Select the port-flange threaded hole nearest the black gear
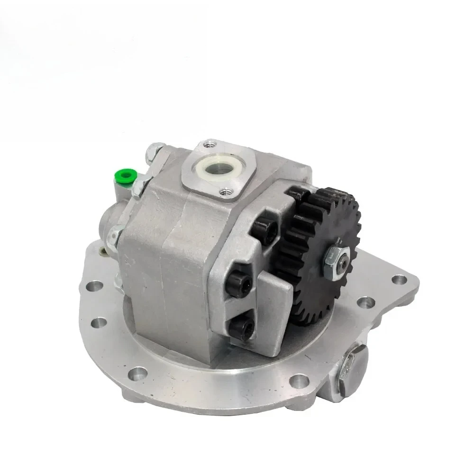coord(225,191)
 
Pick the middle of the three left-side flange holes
coord(99,322)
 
